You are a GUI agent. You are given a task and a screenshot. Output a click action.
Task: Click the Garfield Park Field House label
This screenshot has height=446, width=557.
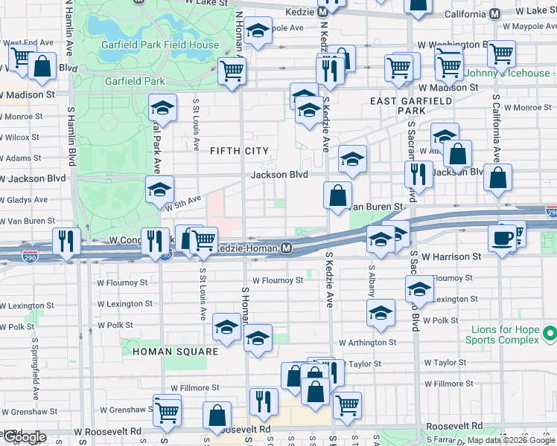(x=162, y=45)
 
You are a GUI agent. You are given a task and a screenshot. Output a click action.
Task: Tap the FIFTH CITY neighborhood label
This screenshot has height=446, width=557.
(x=238, y=151)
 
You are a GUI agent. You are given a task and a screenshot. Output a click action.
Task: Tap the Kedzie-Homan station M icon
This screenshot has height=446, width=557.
(x=286, y=248)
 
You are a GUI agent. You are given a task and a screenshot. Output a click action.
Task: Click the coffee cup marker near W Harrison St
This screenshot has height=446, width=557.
(x=500, y=238)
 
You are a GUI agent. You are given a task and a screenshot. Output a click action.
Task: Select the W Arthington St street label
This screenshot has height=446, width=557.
(x=367, y=343)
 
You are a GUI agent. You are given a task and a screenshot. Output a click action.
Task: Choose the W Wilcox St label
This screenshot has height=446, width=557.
(x=20, y=138)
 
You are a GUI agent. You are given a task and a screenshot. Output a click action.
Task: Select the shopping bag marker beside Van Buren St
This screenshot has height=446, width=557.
(x=337, y=195)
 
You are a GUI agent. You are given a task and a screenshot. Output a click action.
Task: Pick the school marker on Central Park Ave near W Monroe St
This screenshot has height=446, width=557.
(x=162, y=109)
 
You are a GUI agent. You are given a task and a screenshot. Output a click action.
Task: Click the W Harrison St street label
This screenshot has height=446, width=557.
(x=450, y=256)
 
